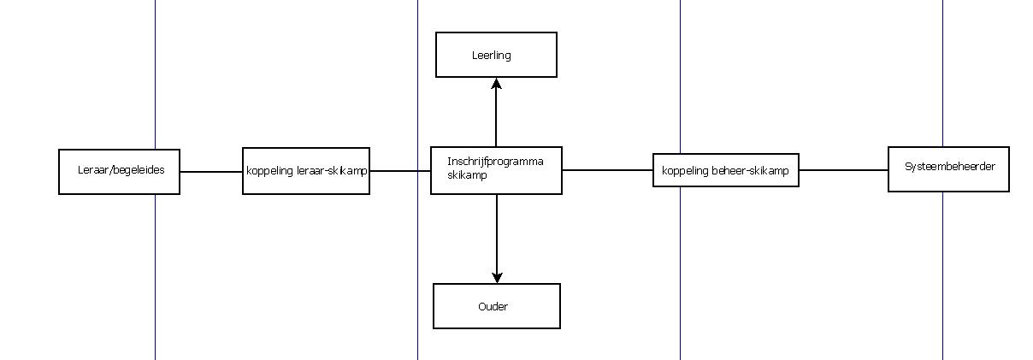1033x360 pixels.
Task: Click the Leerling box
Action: pos(496,55)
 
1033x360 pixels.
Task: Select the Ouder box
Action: pos(496,306)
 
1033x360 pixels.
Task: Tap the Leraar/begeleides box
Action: pos(119,171)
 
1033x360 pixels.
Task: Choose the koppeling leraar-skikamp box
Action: pos(306,171)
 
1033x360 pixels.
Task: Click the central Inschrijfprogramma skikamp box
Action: pos(496,169)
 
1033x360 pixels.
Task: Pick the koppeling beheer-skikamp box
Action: pos(725,170)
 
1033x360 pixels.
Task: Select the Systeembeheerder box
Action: pos(948,168)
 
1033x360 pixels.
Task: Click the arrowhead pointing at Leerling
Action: pos(496,83)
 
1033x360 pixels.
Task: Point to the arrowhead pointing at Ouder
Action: pos(497,277)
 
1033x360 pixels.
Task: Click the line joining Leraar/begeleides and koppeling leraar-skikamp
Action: pos(211,171)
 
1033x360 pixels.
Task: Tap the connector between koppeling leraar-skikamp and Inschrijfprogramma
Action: pos(399,170)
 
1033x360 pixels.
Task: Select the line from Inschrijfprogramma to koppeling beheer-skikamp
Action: pos(607,170)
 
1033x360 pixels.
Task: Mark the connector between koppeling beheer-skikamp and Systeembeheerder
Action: pos(843,170)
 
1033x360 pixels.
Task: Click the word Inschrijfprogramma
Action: pos(495,161)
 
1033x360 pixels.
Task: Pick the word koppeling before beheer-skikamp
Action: pos(683,171)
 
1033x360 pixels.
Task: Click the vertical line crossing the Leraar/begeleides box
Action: pos(155,86)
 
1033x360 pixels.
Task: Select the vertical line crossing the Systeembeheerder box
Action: pos(942,86)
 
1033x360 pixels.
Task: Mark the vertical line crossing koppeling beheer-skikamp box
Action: pos(680,86)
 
